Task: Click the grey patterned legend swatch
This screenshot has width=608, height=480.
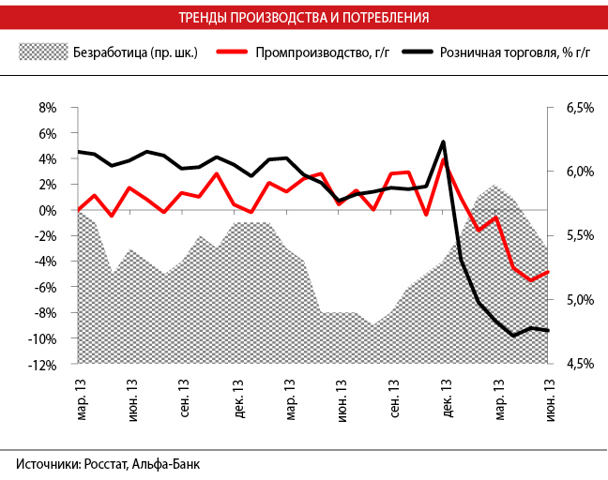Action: pos(43,52)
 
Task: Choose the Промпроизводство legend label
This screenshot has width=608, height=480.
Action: pos(315,52)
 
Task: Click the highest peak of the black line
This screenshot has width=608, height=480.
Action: pos(443,142)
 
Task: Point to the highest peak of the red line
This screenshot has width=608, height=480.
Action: pos(443,159)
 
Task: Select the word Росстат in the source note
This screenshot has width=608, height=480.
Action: pos(105,464)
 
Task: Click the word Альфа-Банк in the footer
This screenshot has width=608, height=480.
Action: pos(166,464)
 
